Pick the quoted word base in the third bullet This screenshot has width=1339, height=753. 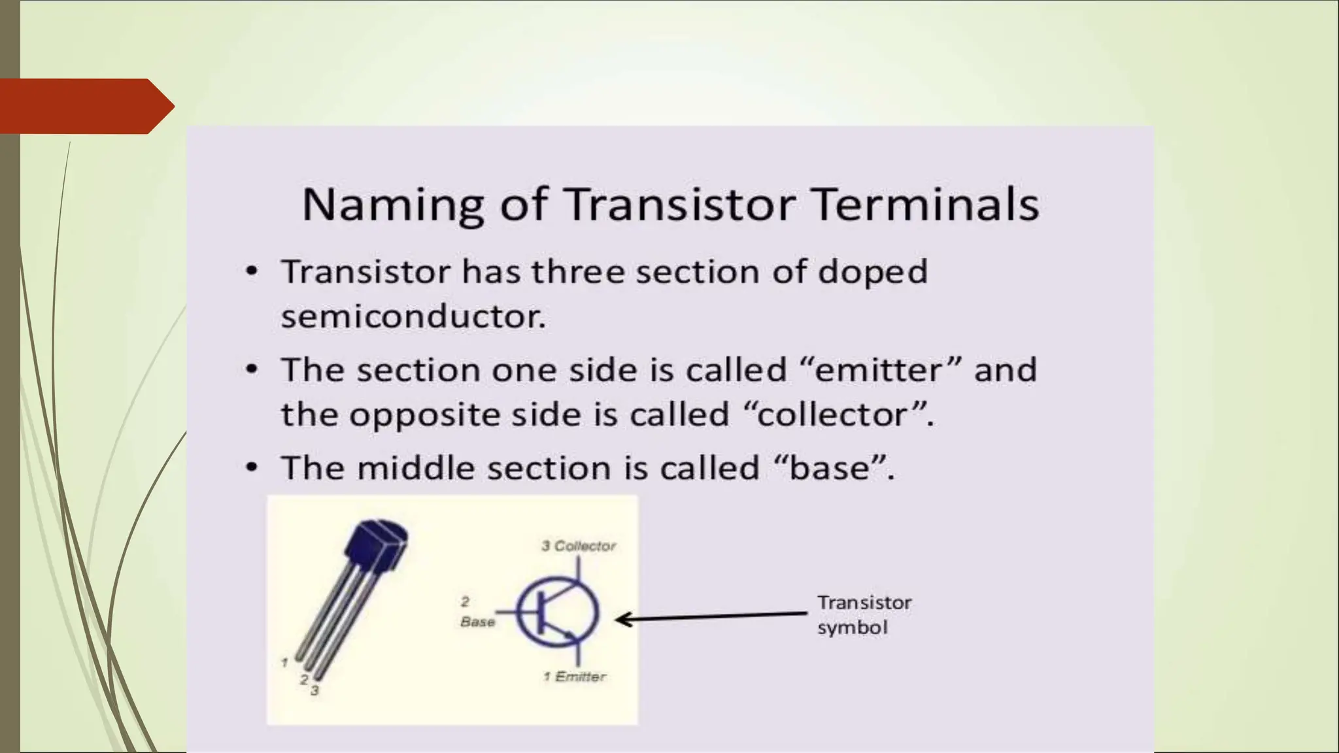point(830,468)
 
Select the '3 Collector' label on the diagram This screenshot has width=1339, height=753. point(579,546)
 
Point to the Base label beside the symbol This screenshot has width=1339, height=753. point(477,622)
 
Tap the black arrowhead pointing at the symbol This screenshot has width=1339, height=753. point(624,619)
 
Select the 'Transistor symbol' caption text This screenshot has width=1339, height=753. point(864,614)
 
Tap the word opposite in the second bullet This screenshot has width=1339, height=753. point(424,414)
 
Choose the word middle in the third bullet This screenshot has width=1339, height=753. point(415,468)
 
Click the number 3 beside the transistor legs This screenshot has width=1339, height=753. point(314,690)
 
